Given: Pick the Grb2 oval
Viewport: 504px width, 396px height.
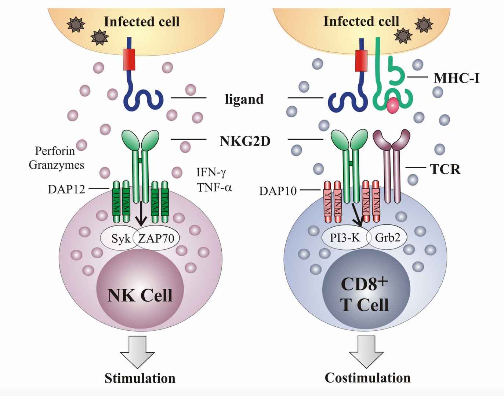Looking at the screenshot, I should pyautogui.click(x=388, y=238).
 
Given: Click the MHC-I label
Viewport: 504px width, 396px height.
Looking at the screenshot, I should pyautogui.click(x=456, y=78).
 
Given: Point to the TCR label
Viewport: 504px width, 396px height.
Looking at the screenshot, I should pyautogui.click(x=445, y=169).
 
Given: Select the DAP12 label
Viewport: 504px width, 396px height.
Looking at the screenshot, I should pyautogui.click(x=66, y=189).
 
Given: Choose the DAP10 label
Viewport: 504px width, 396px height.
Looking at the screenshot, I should pyautogui.click(x=278, y=191).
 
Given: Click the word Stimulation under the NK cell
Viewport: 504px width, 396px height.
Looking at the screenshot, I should pyautogui.click(x=140, y=378).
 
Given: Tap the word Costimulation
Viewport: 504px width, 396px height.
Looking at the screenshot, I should pyautogui.click(x=367, y=378).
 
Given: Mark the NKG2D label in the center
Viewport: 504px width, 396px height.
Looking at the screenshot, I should pyautogui.click(x=245, y=141).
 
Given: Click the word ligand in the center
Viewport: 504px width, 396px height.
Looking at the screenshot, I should pyautogui.click(x=244, y=99).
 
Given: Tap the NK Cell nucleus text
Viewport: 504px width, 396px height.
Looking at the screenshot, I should pyautogui.click(x=140, y=295).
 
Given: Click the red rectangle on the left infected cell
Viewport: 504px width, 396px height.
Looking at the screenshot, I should pyautogui.click(x=129, y=59).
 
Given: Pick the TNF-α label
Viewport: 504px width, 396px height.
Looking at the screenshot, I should pyautogui.click(x=214, y=188).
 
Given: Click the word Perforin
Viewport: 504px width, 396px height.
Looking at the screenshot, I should pyautogui.click(x=55, y=151).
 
